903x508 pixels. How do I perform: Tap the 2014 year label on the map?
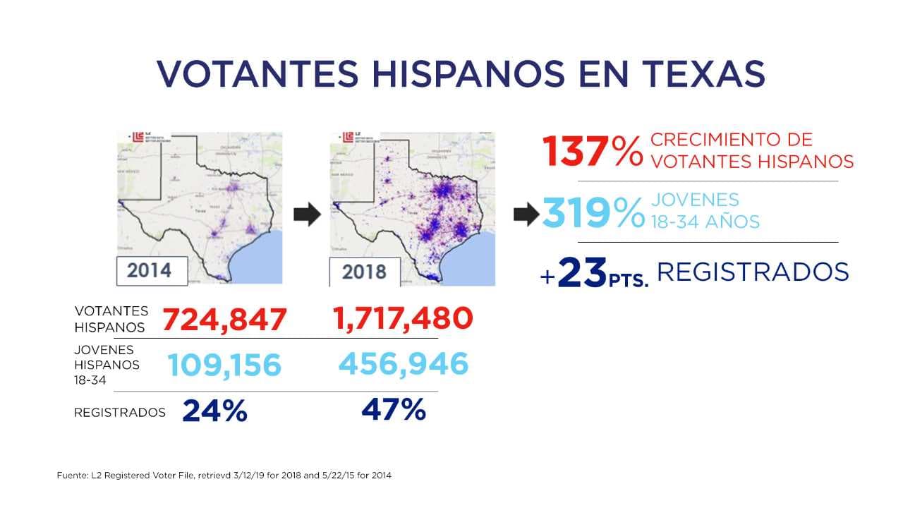click(150, 270)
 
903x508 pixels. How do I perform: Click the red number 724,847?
click(225, 320)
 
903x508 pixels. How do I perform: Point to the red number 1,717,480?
click(403, 318)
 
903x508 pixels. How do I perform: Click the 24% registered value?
click(214, 411)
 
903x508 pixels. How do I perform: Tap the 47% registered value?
click(394, 410)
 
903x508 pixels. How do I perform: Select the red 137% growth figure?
click(592, 151)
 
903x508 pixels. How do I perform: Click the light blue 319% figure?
click(593, 212)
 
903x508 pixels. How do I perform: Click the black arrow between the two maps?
click(306, 214)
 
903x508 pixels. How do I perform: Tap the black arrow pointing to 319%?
click(526, 214)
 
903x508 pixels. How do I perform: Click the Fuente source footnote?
click(224, 476)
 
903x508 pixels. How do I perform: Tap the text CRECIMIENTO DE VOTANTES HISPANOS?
click(751, 150)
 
